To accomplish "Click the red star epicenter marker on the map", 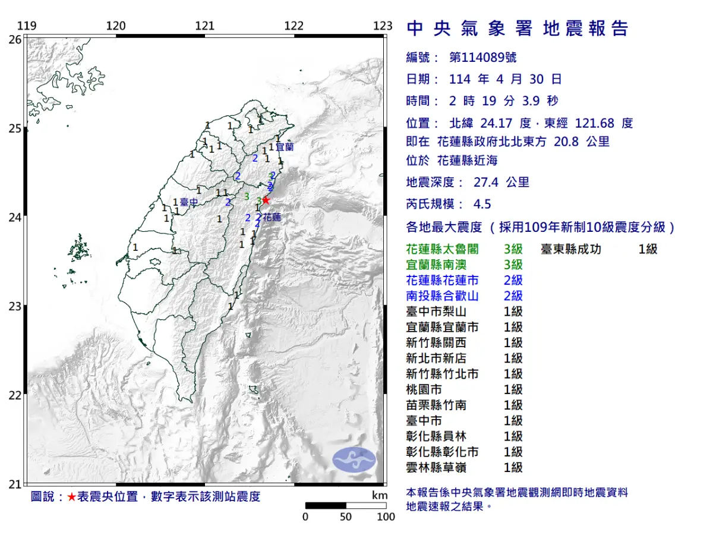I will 266,200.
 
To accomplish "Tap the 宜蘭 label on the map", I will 285,146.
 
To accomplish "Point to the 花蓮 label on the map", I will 272,218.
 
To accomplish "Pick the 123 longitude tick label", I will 383,26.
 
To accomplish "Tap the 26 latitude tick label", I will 14,39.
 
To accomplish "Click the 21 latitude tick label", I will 14,484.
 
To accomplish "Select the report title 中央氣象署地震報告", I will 517,29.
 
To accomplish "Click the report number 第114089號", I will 482,58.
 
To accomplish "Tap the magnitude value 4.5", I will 482,204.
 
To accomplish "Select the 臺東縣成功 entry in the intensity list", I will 570,249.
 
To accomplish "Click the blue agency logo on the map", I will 354,461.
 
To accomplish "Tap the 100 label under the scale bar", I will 386,517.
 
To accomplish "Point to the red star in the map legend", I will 71,497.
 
